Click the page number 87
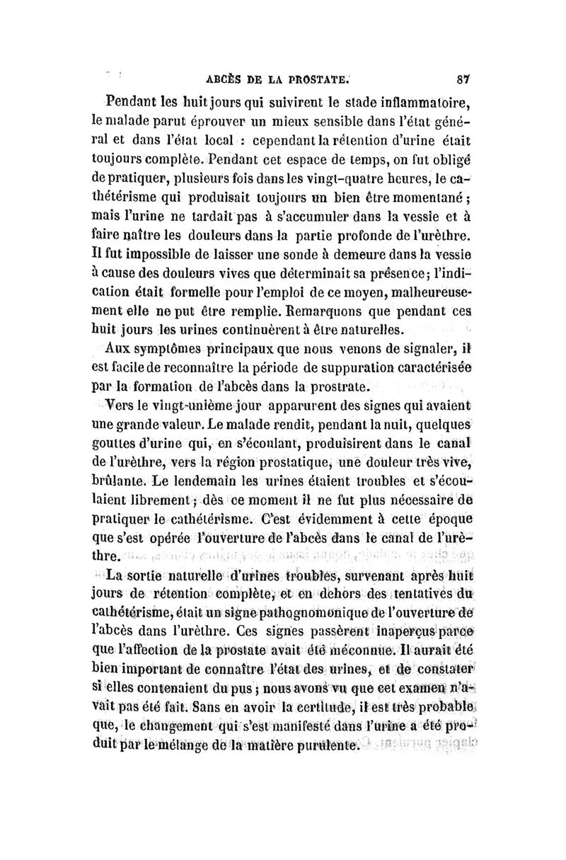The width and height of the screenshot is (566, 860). pos(464,79)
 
